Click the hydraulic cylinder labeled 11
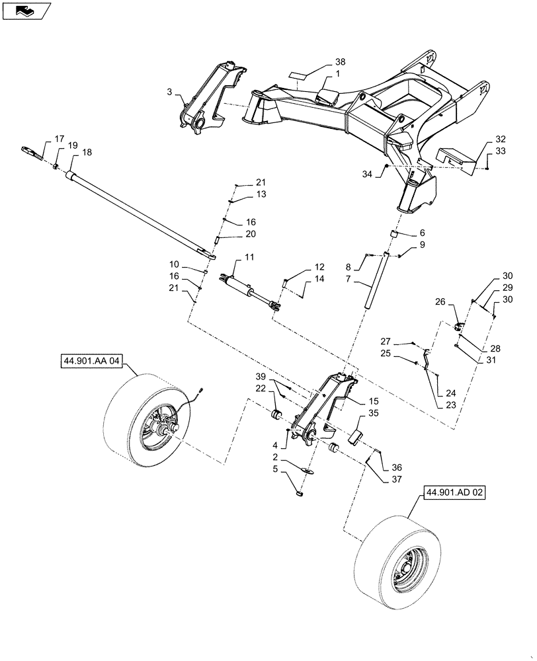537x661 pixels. click(248, 289)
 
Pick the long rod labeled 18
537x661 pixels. click(139, 212)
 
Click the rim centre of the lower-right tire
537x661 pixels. click(405, 568)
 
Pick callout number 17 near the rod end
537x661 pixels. click(60, 139)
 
